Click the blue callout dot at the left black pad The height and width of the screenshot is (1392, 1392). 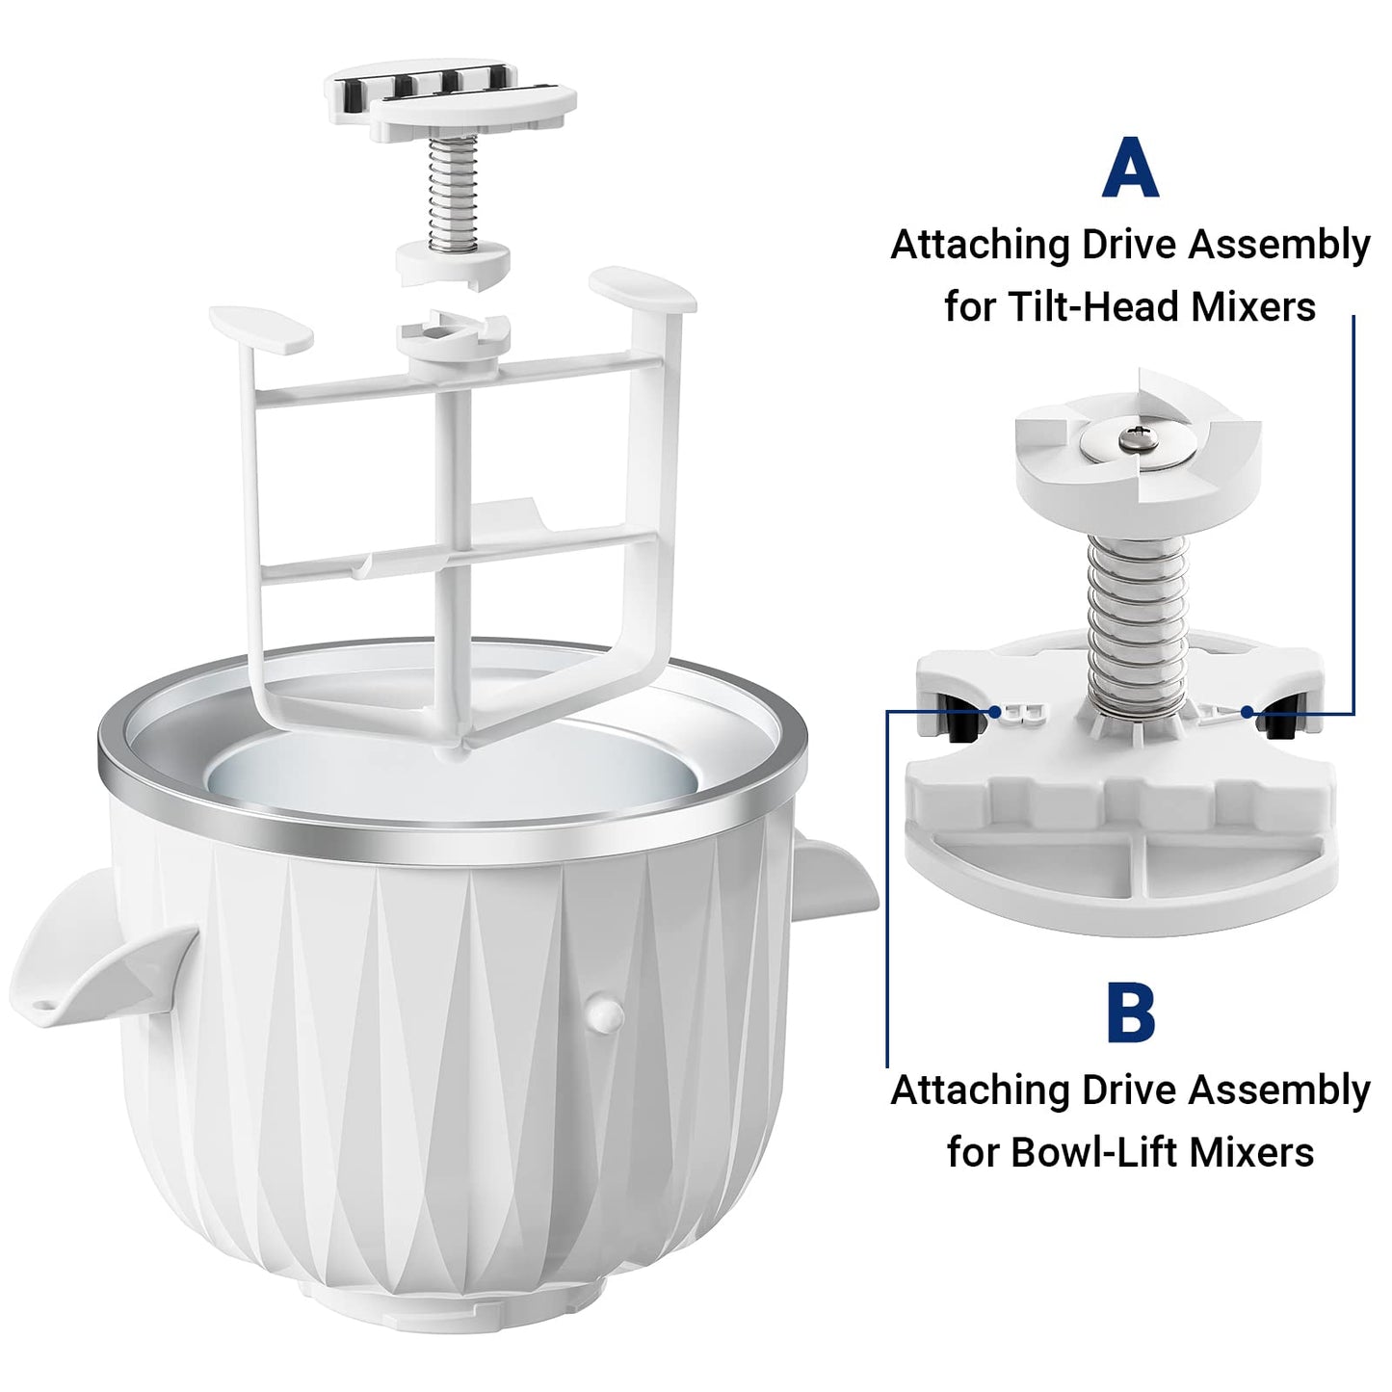(x=995, y=712)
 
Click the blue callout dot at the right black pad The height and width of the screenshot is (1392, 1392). (x=1247, y=712)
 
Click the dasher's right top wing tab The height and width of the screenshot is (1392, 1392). (x=643, y=290)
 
